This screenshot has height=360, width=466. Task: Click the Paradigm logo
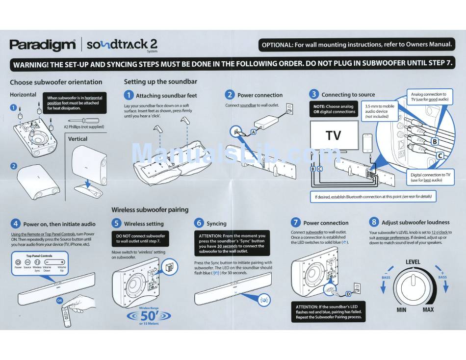42,45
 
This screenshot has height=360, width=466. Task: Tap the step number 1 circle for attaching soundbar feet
129,95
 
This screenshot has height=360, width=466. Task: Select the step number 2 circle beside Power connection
230,95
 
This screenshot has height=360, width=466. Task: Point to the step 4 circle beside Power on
15,224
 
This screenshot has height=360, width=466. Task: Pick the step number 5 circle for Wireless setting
117,223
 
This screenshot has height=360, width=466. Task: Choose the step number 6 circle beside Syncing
199,223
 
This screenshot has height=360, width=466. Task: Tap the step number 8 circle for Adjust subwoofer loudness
374,222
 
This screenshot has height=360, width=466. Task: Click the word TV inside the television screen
333,135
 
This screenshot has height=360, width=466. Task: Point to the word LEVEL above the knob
413,262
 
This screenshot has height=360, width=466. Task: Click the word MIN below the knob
401,309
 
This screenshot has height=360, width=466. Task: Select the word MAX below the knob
428,309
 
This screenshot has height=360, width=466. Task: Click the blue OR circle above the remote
59,300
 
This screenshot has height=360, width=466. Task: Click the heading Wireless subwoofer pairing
150,209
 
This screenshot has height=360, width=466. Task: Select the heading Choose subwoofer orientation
56,82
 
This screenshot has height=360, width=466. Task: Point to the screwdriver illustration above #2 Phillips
85,120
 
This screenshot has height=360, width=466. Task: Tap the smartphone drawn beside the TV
367,143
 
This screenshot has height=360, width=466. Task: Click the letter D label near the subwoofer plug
348,294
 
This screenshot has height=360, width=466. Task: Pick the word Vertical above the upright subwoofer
78,139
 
